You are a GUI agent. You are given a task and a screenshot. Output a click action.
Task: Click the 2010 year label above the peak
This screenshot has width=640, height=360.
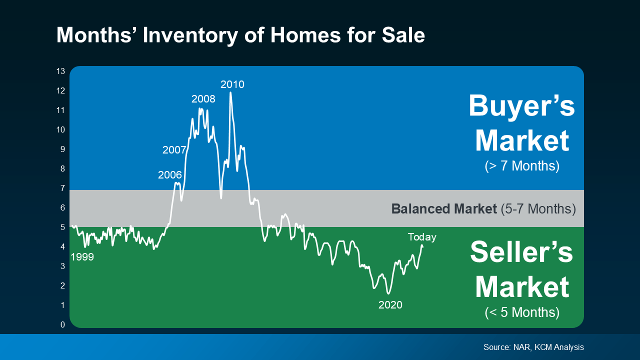[x=232, y=84]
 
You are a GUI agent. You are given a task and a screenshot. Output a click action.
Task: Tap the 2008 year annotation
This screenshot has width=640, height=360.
[x=203, y=99]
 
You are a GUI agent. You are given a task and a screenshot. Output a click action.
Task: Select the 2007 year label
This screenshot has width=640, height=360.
[x=174, y=150]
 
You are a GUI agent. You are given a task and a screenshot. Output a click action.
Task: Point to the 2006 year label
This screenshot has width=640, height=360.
[x=170, y=175]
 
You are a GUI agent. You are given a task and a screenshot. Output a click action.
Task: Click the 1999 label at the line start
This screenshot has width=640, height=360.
[x=82, y=257]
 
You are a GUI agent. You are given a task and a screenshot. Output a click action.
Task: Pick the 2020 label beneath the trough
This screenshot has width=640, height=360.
[x=390, y=305]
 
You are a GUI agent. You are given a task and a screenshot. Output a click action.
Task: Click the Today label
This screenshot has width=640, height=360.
[x=422, y=237]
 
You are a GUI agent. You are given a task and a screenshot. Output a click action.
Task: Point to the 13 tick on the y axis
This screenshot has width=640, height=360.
[x=60, y=71]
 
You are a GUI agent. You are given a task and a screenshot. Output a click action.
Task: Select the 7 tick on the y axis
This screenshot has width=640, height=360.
[x=62, y=188]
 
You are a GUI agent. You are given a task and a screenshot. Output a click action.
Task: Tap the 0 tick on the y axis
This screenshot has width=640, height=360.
[x=62, y=325]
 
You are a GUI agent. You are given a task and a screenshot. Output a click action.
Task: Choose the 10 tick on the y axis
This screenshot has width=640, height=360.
[x=60, y=130]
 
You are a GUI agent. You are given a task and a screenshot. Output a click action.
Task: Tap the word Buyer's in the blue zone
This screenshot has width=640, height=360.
[x=521, y=106]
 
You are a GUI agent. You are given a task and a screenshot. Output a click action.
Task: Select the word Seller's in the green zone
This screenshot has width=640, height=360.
[x=521, y=252]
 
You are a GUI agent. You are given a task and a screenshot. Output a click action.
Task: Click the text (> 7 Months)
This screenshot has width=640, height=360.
[x=521, y=166]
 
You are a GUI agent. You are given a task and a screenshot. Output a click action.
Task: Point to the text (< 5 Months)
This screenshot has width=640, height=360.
[x=521, y=312]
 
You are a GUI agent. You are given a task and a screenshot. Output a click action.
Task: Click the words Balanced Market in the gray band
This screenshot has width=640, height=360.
[x=443, y=208]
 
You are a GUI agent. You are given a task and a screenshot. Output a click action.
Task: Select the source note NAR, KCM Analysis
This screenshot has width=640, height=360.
[x=533, y=347]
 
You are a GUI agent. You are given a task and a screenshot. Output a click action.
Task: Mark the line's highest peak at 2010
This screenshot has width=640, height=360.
[x=230, y=92]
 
